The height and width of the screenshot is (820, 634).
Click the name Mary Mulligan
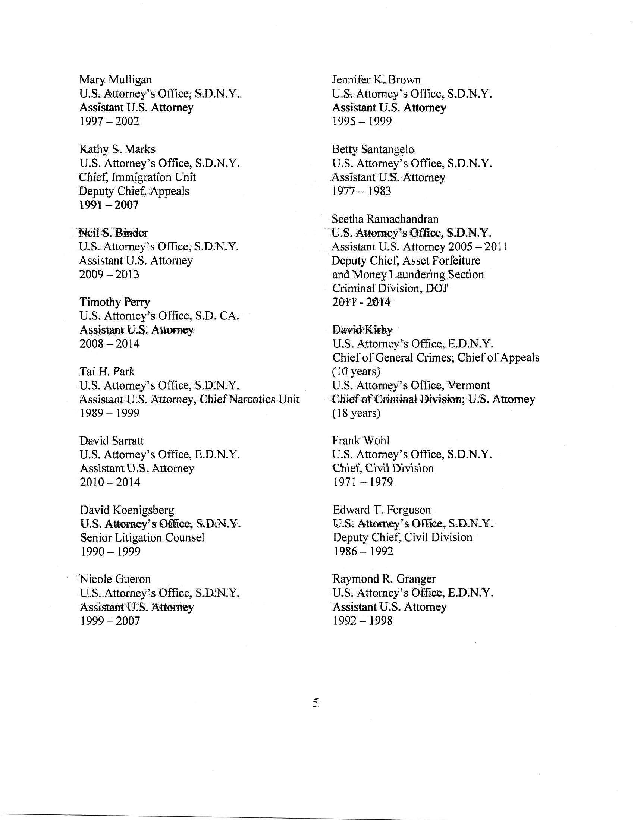[x=116, y=80]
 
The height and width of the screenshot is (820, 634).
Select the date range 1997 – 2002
[x=109, y=122]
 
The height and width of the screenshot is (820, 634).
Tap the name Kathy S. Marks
[x=117, y=149]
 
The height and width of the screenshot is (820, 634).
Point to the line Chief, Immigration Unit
[x=138, y=177]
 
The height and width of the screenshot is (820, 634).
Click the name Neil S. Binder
[x=113, y=233]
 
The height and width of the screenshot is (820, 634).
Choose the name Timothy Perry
[x=114, y=302]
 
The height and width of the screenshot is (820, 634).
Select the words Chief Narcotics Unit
[x=249, y=400]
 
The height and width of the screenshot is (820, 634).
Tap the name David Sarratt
[x=112, y=441]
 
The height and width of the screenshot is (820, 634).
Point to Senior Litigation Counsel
[x=142, y=537]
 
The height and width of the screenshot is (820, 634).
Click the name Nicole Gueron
[x=115, y=579]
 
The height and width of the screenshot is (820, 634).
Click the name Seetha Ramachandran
[x=385, y=219]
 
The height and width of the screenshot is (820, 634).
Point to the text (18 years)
[x=356, y=413]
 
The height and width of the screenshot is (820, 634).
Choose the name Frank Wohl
[x=361, y=441]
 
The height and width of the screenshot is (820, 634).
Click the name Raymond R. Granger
[x=384, y=579]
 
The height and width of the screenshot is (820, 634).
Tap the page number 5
[x=316, y=703]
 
